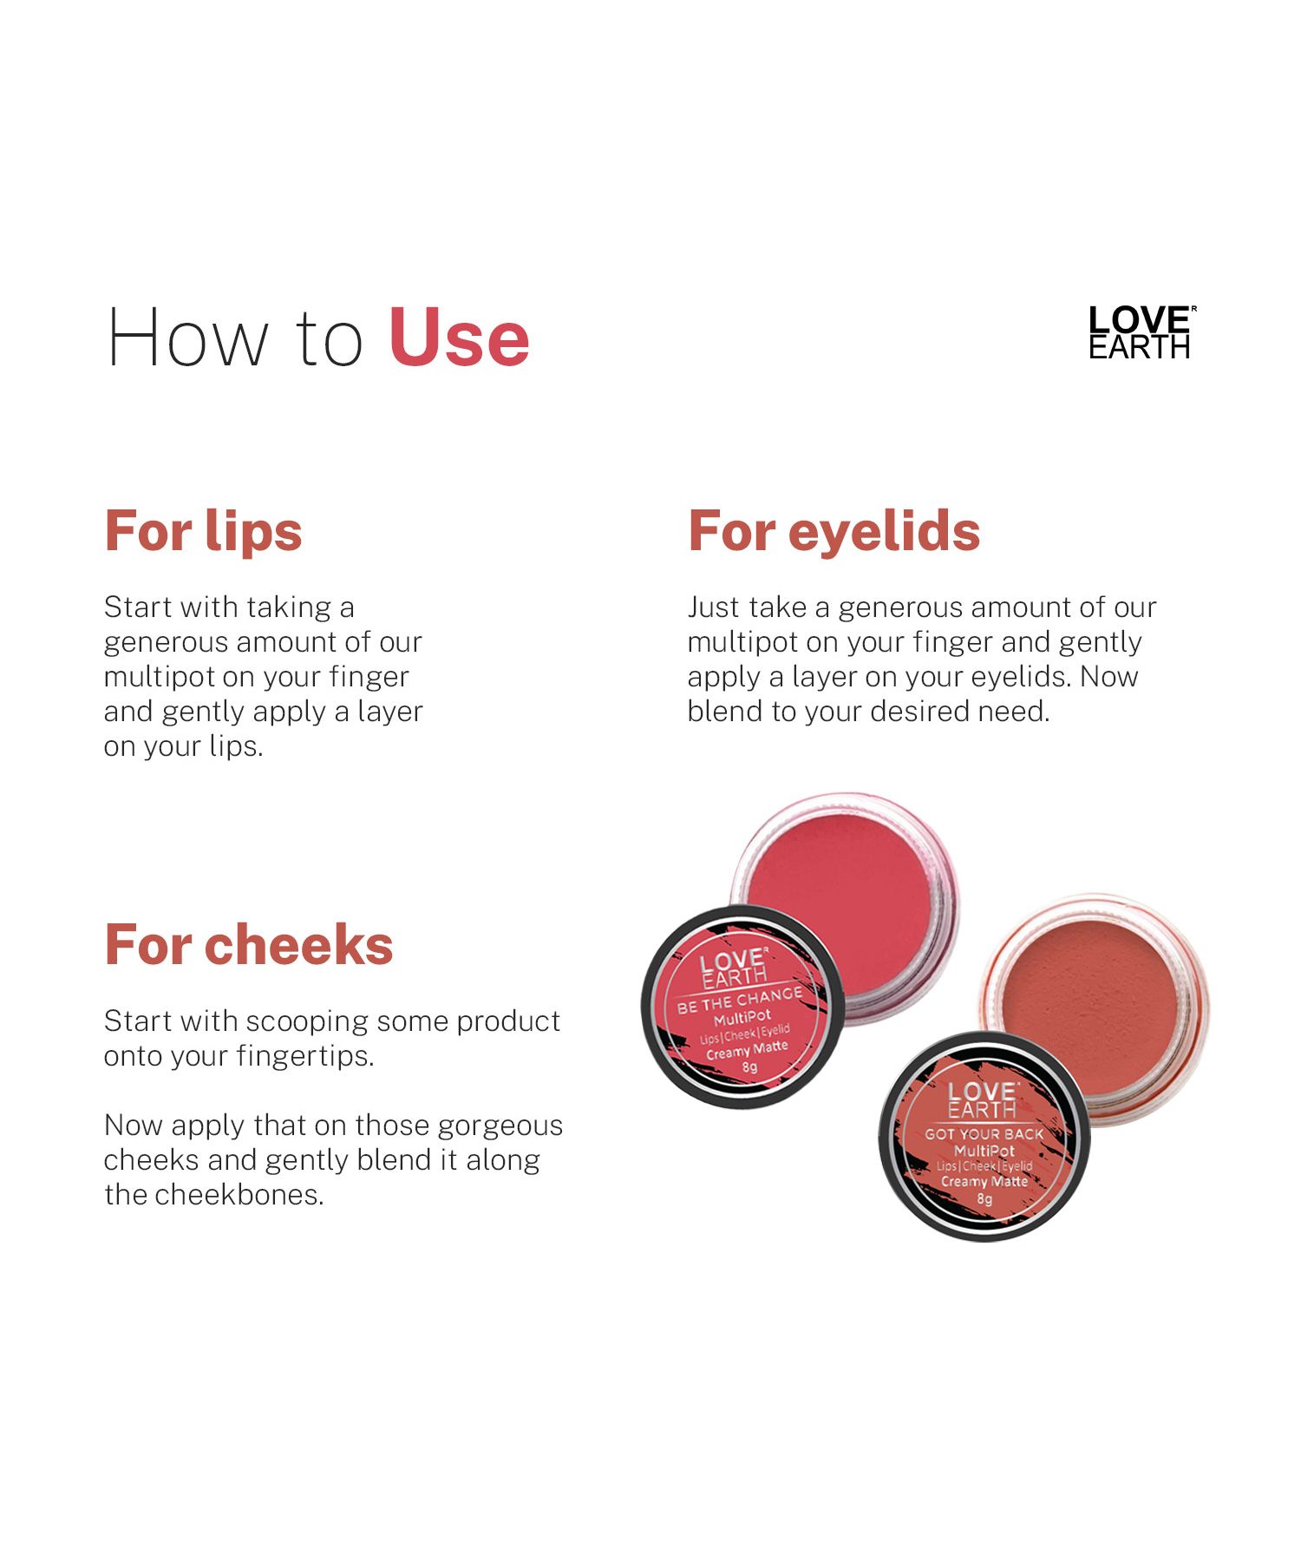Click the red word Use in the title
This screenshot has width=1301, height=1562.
(459, 338)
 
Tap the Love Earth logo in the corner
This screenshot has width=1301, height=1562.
(1142, 332)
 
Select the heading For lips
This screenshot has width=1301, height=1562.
(203, 531)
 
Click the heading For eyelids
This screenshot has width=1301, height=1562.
(834, 531)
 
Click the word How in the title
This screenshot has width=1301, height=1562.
(187, 338)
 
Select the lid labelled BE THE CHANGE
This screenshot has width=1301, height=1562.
(742, 1007)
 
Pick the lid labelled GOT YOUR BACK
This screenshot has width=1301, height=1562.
(984, 1136)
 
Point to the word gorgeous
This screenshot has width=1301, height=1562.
(500, 1126)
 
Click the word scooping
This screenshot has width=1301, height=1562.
(307, 1022)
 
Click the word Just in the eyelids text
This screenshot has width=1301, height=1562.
(714, 607)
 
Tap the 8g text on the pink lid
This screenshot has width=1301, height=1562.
(749, 1067)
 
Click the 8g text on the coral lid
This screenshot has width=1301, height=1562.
(984, 1199)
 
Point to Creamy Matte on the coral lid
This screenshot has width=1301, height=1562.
(984, 1181)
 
